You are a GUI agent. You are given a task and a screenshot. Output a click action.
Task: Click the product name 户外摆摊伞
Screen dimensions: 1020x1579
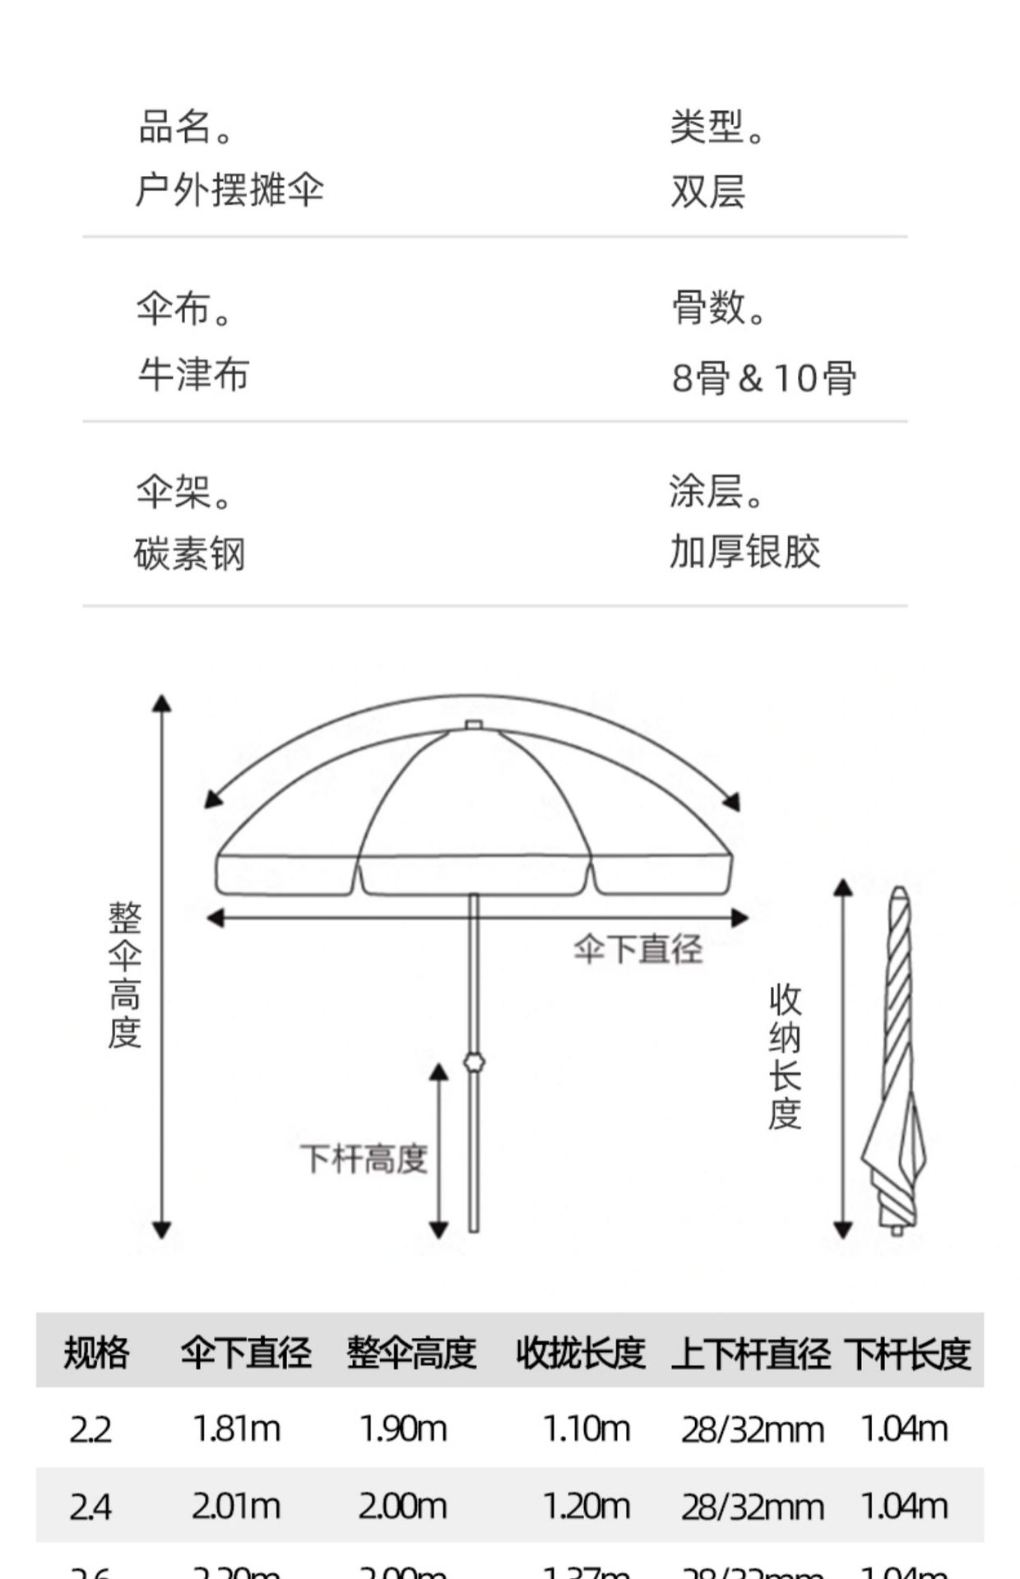[229, 190]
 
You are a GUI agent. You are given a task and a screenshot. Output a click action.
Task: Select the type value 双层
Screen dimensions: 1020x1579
[707, 192]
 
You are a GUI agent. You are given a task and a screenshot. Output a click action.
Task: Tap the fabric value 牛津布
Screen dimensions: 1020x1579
[193, 375]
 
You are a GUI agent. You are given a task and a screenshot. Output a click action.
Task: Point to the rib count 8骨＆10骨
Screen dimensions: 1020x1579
[764, 377]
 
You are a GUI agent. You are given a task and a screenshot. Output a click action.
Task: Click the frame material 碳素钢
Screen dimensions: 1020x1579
[190, 553]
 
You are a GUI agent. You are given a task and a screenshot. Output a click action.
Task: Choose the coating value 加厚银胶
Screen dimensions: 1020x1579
[744, 552]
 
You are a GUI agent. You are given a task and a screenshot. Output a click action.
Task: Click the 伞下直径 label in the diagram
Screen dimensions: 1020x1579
[638, 949]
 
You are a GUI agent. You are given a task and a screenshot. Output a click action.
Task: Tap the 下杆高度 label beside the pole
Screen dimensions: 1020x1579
[363, 1159]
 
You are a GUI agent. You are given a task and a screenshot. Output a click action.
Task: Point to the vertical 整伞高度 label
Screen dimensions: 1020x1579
[125, 975]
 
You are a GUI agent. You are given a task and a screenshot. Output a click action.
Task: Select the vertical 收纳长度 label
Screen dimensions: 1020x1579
[785, 1057]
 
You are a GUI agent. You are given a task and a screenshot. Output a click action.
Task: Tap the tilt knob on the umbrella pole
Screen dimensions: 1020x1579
[474, 1061]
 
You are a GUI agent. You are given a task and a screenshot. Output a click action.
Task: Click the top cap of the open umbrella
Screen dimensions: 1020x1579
[473, 725]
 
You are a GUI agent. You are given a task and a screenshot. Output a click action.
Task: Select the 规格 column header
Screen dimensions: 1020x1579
[96, 1353]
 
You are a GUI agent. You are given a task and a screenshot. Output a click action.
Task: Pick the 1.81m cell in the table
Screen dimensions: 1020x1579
[236, 1429]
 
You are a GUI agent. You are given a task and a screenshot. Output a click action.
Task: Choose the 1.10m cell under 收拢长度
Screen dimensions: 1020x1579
[586, 1429]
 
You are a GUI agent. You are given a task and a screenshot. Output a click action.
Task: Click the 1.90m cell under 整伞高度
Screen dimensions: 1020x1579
[403, 1429]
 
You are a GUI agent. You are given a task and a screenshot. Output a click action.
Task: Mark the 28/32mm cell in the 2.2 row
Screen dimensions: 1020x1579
[752, 1430]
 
